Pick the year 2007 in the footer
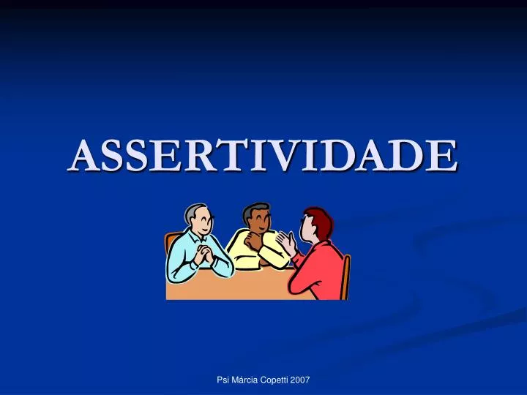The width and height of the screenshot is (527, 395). pyautogui.click(x=300, y=380)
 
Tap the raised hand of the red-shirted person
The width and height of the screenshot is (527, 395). pyautogui.click(x=288, y=243)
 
